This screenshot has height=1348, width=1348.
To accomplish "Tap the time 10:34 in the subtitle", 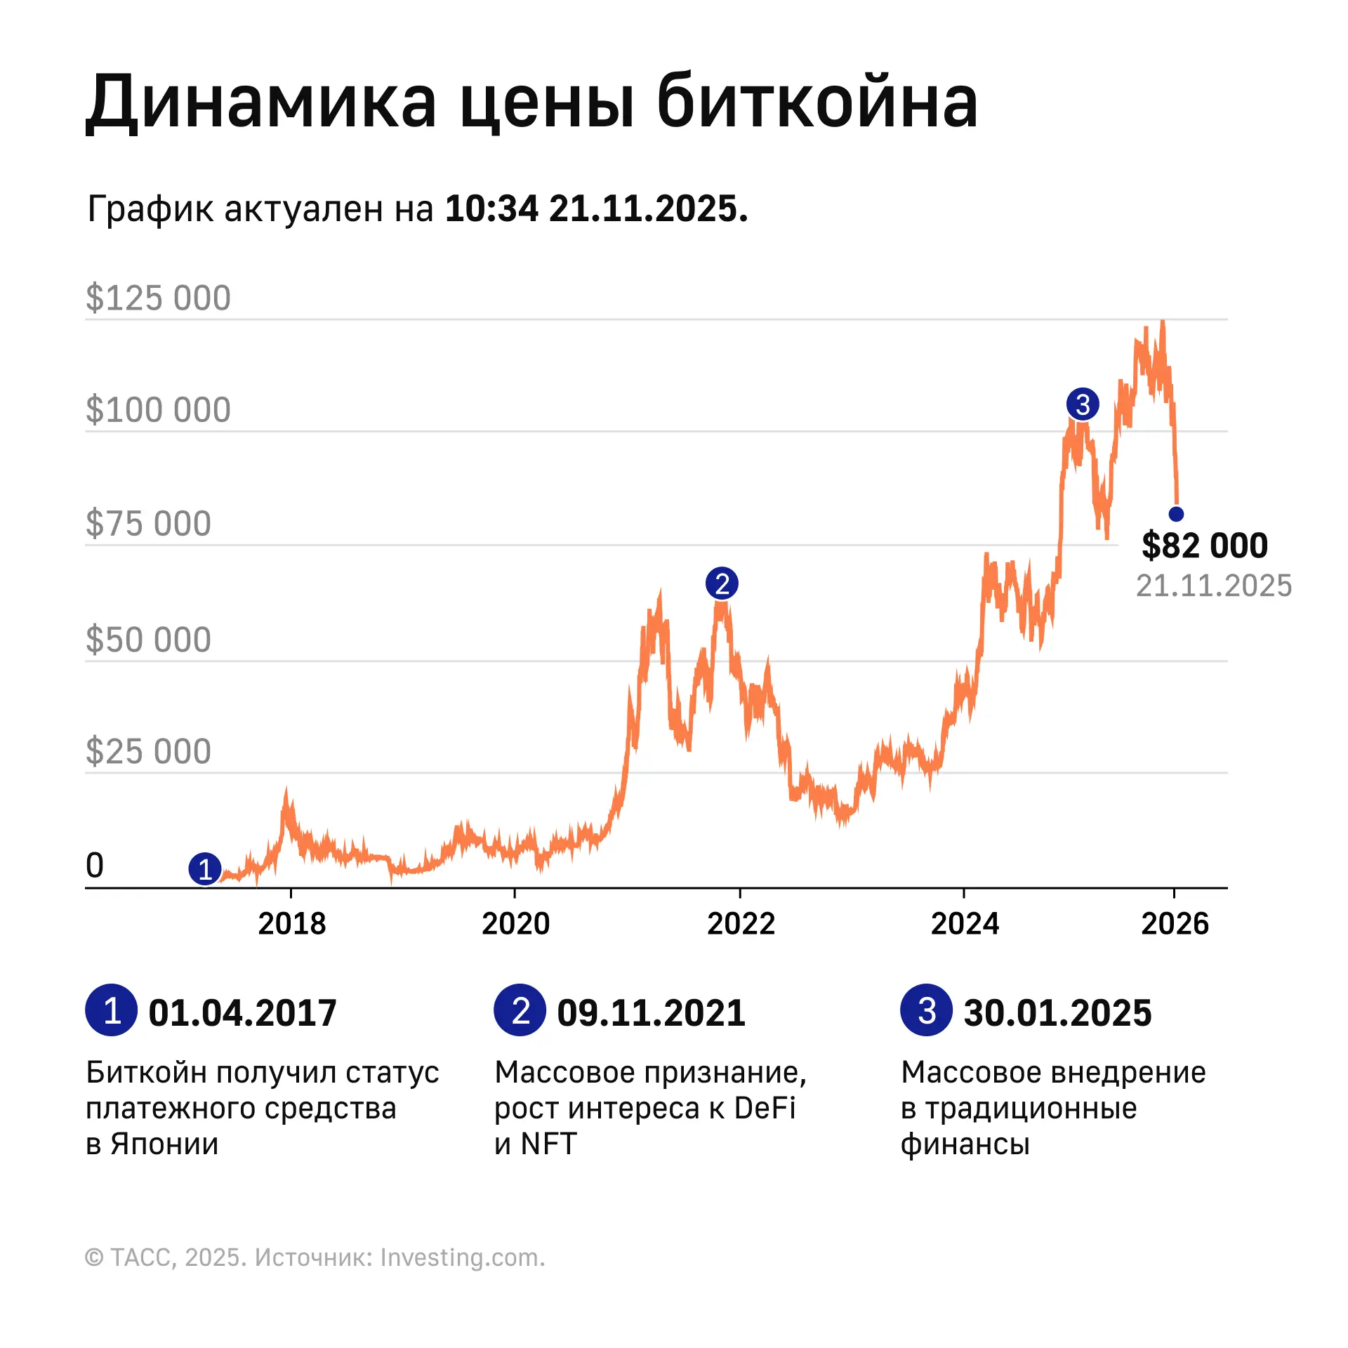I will [x=491, y=209].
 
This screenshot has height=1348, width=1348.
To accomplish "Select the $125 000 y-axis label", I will [x=158, y=298].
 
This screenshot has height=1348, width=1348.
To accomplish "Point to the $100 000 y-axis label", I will [x=158, y=410].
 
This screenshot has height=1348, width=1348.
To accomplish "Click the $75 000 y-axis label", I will [x=148, y=524].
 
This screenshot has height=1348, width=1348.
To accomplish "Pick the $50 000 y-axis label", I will [x=148, y=640].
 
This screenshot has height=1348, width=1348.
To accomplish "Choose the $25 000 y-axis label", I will [x=148, y=751].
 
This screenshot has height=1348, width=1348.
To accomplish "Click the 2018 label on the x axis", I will [x=292, y=924].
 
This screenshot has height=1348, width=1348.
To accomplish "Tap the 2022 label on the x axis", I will [x=741, y=924].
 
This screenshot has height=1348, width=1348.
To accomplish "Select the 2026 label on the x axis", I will [x=1175, y=924].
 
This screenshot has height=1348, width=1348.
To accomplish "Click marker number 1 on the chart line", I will [x=205, y=869].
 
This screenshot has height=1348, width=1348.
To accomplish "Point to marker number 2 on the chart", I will [x=722, y=583].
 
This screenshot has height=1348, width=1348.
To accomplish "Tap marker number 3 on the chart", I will [x=1083, y=404].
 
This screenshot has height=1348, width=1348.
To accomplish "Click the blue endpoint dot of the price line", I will [x=1176, y=514].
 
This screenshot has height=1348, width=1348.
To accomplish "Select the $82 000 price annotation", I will [x=1205, y=546].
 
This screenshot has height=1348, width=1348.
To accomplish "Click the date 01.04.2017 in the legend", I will [x=242, y=1013].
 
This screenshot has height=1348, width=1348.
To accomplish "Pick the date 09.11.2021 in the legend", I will [x=651, y=1013].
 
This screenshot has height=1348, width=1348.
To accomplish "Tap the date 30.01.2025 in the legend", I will [x=1057, y=1013].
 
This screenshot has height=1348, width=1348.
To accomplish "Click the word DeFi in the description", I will [x=765, y=1109].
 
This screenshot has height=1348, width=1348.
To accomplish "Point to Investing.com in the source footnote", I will [x=462, y=1257].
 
